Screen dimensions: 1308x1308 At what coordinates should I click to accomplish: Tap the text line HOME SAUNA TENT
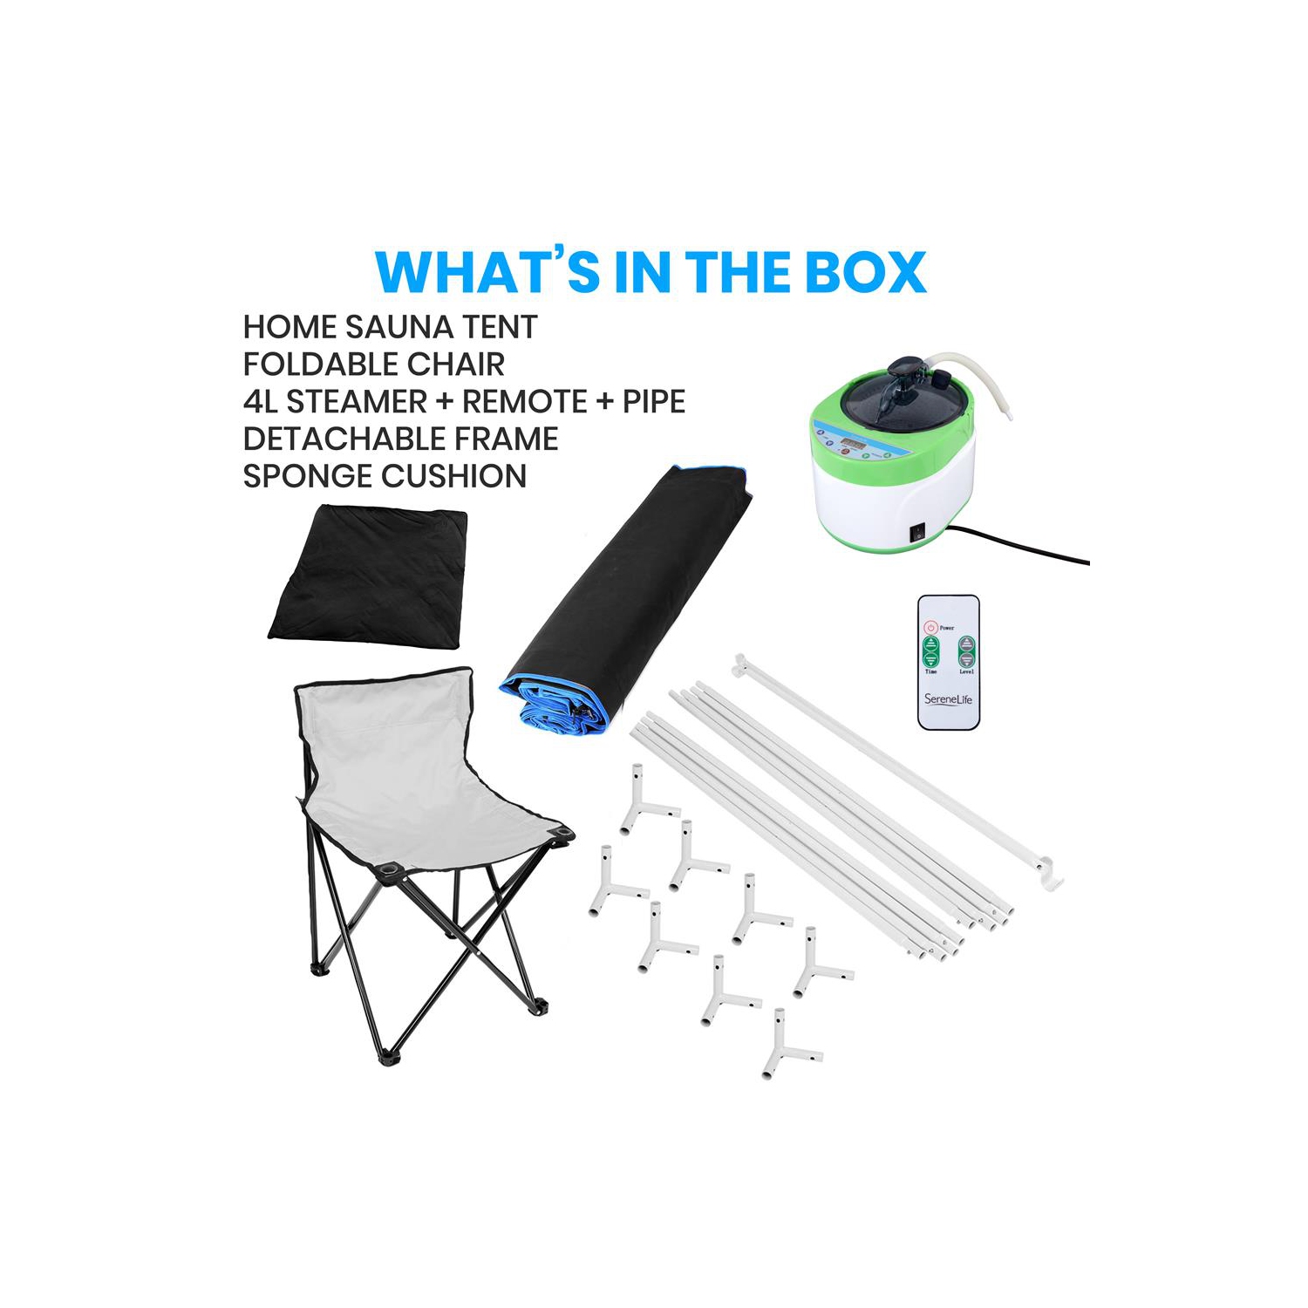coord(390,327)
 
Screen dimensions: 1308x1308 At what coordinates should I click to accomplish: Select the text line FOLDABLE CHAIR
coord(373,364)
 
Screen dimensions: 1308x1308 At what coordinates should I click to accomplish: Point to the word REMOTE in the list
coord(525,402)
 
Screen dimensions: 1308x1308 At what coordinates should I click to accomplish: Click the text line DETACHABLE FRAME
coord(400,439)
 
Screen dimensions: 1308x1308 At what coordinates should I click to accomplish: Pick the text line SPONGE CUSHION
coord(385,476)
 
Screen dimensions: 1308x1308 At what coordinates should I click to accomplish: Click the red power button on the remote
coord(931,627)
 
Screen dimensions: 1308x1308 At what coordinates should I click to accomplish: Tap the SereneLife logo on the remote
coord(948,699)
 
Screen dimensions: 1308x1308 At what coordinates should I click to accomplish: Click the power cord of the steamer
coord(1029,545)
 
